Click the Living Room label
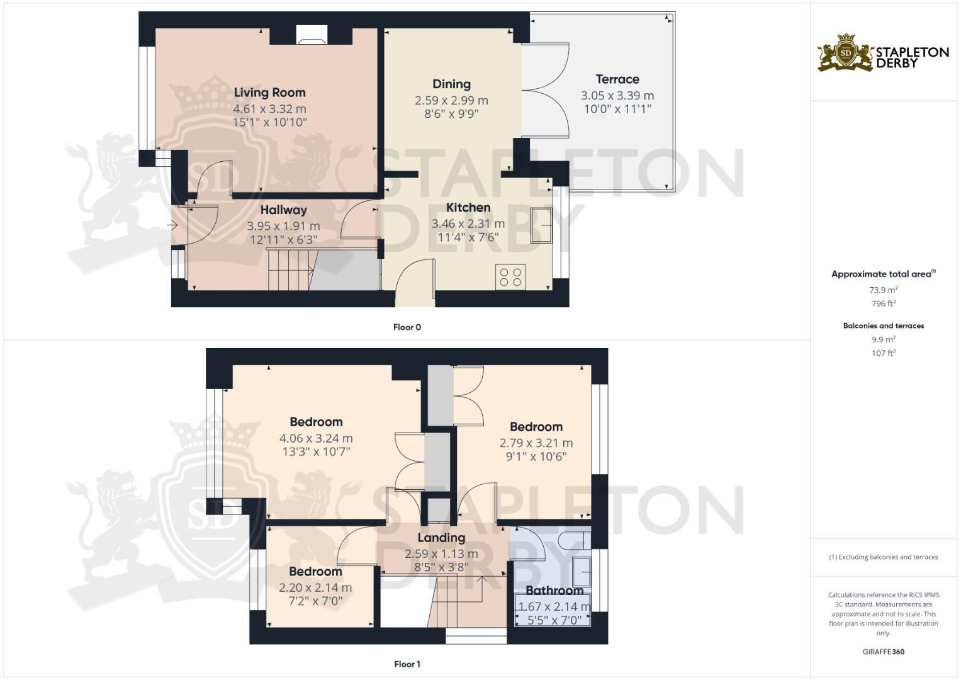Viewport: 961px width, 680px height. point(269,93)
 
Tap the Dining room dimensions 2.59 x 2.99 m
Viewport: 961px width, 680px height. point(451,100)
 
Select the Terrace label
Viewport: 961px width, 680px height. point(617,79)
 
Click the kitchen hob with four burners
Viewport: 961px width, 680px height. point(510,277)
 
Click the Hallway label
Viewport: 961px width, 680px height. point(283,210)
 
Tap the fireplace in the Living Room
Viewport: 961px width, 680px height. point(312,35)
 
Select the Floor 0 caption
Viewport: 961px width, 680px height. point(407,327)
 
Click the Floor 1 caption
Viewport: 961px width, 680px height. point(407,664)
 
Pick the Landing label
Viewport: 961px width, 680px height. point(441,538)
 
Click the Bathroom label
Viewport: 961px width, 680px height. point(554,591)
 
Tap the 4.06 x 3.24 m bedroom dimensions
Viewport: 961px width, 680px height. point(316,438)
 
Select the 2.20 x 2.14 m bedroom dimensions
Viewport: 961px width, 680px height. point(315,588)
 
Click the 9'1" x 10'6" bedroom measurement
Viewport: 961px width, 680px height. point(536,456)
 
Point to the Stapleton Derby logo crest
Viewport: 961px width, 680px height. point(846,53)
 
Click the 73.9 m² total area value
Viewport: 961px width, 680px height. point(883,290)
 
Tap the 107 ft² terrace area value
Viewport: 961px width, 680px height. point(883,353)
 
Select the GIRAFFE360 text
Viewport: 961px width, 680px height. point(883,652)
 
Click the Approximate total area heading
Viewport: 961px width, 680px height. point(883,274)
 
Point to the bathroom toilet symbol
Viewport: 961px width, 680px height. point(572,540)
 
